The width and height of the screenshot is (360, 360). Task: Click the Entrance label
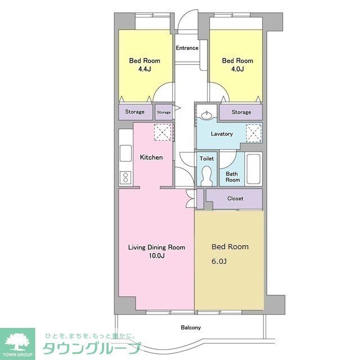click(x=187, y=48)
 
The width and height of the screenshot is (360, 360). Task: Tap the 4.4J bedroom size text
click(x=145, y=69)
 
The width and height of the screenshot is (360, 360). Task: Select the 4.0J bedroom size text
click(x=237, y=69)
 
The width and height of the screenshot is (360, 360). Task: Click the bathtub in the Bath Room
click(x=254, y=169)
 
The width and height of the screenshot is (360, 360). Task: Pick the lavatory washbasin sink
click(x=207, y=116)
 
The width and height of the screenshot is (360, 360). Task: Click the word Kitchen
click(x=151, y=157)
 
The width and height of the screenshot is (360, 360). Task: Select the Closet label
click(x=235, y=199)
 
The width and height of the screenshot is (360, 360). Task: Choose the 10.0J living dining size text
click(x=156, y=256)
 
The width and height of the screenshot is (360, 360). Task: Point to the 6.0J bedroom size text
click(x=219, y=262)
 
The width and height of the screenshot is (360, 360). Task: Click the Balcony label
click(x=191, y=327)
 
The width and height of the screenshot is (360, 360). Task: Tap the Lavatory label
click(x=222, y=134)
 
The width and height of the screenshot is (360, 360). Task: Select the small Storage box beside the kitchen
click(x=164, y=112)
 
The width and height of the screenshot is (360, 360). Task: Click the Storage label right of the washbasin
click(x=241, y=112)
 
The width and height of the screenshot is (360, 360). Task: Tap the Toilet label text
click(x=206, y=159)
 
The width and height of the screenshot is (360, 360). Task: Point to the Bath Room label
click(x=232, y=177)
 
